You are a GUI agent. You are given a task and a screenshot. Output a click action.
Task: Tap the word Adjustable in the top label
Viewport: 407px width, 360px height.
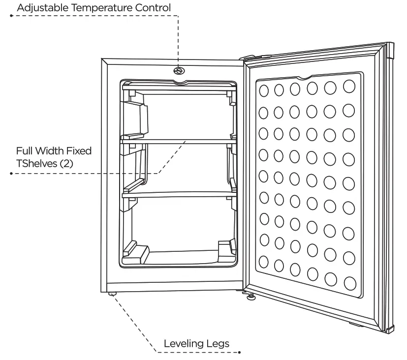(40, 7)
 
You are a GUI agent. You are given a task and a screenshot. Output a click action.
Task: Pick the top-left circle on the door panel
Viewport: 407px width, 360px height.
(264, 90)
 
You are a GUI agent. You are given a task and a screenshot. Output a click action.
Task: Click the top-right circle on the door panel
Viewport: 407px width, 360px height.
(349, 86)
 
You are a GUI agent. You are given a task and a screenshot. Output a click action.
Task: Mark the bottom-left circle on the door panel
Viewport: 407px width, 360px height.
(264, 262)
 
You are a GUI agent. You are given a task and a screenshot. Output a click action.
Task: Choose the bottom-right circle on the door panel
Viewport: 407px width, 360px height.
(350, 283)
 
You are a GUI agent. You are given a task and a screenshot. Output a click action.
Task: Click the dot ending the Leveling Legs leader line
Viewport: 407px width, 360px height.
(239, 352)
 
